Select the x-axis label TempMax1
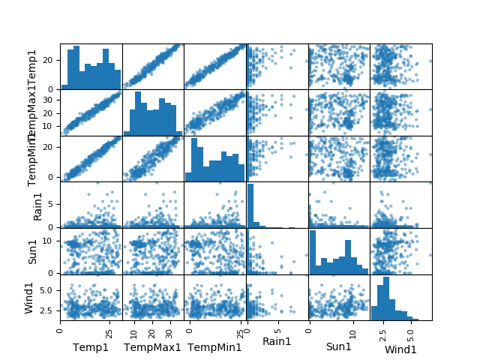pyautogui.click(x=152, y=347)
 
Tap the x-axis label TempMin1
pyautogui.click(x=214, y=347)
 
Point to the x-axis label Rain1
pyautogui.click(x=277, y=341)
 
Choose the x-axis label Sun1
pyautogui.click(x=338, y=347)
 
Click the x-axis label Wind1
pyautogui.click(x=400, y=349)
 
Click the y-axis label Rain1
pyautogui.click(x=37, y=205)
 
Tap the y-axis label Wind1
pyautogui.click(x=30, y=298)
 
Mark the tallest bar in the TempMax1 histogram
pyautogui.click(x=138, y=113)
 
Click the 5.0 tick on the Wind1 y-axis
pyautogui.click(x=48, y=289)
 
